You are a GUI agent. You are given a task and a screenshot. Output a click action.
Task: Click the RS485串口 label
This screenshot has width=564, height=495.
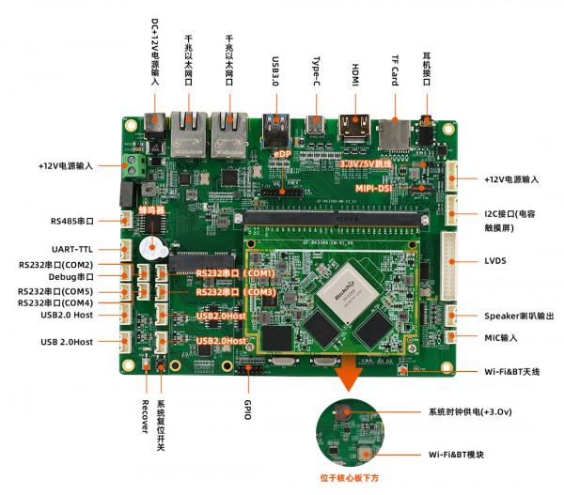pyautogui.click(x=72, y=222)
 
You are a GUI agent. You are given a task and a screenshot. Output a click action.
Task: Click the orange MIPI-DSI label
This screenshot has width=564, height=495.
pyautogui.click(x=374, y=188)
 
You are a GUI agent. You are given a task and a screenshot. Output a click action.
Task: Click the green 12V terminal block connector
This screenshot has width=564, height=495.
pyautogui.click(x=135, y=167)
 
